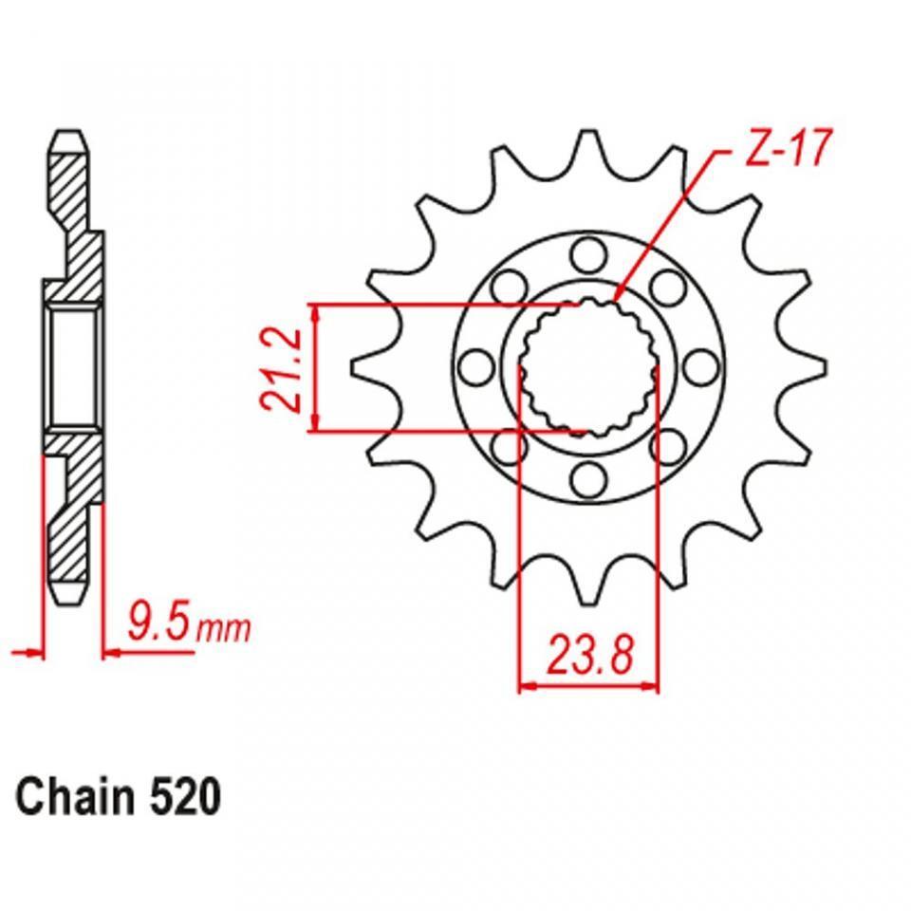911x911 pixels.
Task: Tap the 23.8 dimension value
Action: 588,654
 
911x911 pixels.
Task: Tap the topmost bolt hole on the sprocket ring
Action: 589,254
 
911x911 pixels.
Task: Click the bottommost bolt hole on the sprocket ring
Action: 589,478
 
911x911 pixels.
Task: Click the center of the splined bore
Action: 588,367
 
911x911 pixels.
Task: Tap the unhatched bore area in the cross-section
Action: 73,366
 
